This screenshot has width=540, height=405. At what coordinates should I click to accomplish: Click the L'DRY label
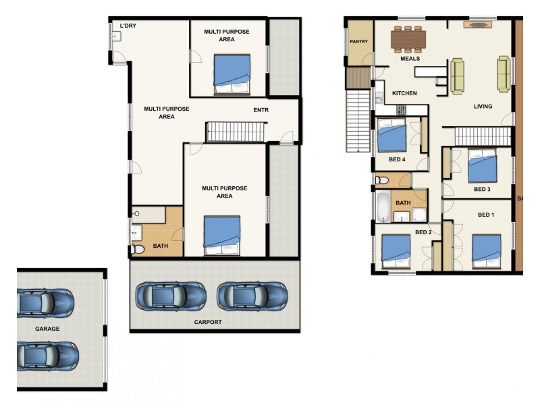(x=128, y=26)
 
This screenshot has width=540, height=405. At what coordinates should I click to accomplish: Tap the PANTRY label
(x=359, y=41)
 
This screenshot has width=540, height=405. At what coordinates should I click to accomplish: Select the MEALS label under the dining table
(x=410, y=59)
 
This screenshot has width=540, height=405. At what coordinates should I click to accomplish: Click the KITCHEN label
(x=404, y=93)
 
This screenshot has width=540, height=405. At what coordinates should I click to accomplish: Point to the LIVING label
(x=483, y=107)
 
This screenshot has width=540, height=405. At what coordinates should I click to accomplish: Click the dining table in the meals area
(x=408, y=39)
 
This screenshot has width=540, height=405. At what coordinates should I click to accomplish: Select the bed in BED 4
(x=392, y=135)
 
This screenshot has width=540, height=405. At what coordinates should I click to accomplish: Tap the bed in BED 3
(x=483, y=165)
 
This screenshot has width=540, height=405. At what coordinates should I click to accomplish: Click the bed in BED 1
(x=487, y=251)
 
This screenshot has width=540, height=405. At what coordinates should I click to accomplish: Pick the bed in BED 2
(x=396, y=252)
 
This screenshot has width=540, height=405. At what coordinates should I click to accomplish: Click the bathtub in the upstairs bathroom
(x=383, y=207)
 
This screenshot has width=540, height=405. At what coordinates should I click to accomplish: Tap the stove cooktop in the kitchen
(x=401, y=110)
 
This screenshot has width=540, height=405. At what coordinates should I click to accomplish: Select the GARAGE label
(x=47, y=329)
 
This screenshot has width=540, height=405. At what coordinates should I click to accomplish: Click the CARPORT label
(x=208, y=323)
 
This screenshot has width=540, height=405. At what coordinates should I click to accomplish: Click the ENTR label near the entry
(x=261, y=110)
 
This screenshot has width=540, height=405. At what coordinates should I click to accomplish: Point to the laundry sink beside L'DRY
(x=115, y=36)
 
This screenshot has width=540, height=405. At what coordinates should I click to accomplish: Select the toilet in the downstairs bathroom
(x=138, y=249)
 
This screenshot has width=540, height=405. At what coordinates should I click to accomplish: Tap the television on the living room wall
(x=478, y=24)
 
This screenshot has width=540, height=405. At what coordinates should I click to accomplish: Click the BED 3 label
(x=482, y=190)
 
